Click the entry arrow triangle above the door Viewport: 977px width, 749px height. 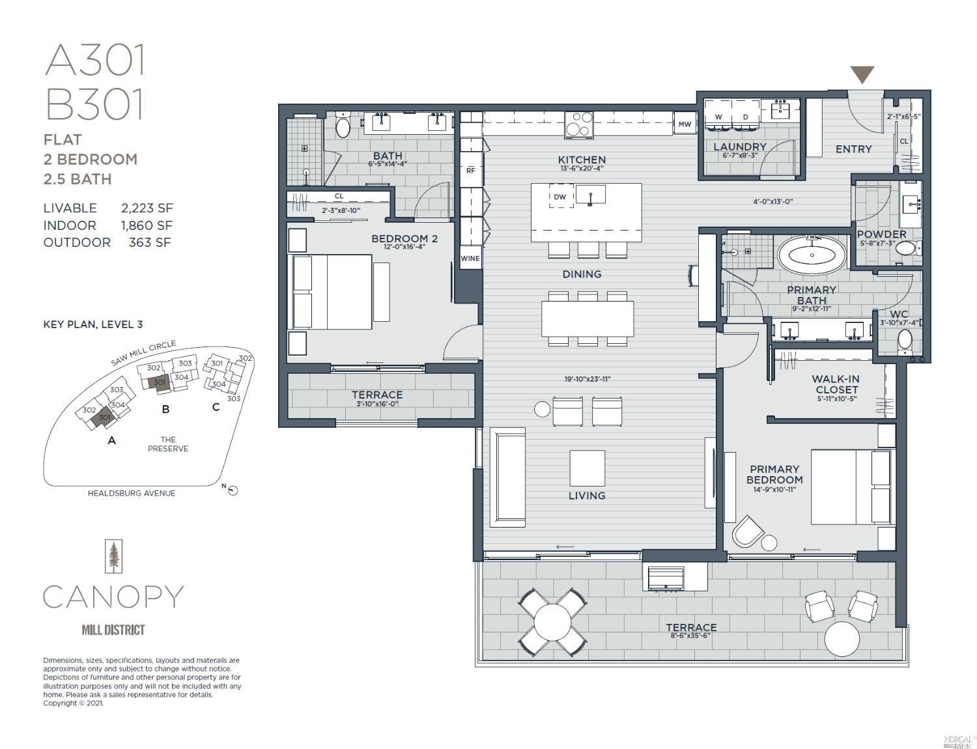coord(862,74)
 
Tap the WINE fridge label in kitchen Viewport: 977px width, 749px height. coord(470,259)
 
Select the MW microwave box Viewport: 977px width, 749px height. coord(685,124)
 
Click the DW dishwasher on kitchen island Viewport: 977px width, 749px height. coord(560,197)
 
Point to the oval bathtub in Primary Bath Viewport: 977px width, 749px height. coord(812,255)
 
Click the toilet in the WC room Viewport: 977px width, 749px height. coord(905,341)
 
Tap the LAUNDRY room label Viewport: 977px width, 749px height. coord(740,147)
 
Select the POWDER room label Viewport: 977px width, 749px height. coord(881,234)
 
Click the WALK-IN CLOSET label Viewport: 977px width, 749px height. coord(836,384)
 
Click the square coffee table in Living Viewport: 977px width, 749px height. coord(587,468)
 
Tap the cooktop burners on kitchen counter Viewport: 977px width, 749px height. coord(580,124)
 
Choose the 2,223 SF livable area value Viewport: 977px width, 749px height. coord(147,208)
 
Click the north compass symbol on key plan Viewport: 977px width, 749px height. coord(233,490)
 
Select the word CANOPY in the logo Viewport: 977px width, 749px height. coord(113,597)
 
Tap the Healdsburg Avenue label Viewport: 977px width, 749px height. coord(132,493)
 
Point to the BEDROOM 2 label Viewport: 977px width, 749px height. coord(404,238)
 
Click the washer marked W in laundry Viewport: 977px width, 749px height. coord(718,117)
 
